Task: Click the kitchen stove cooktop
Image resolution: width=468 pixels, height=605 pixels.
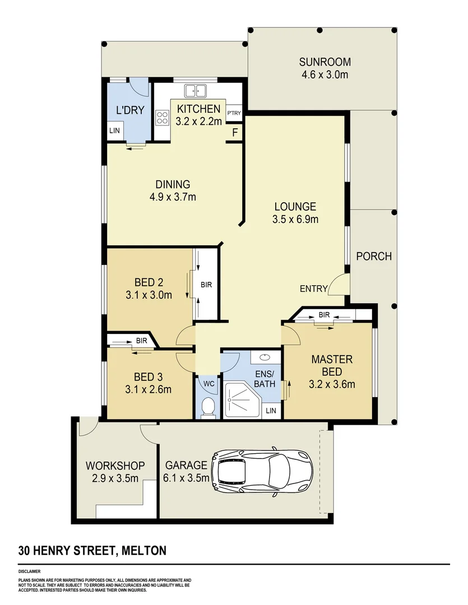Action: click(x=163, y=118)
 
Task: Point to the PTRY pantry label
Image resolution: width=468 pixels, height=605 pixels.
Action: click(x=234, y=113)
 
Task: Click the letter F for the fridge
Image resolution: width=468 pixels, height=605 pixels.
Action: click(x=235, y=133)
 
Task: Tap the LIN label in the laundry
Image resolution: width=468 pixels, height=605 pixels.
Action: click(x=115, y=131)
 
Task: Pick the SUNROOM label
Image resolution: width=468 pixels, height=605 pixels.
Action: click(x=325, y=62)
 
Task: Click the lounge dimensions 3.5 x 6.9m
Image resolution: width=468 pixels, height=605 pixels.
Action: click(x=295, y=219)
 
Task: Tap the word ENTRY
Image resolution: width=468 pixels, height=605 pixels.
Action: click(x=313, y=288)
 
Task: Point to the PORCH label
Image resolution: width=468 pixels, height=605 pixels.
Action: click(x=374, y=257)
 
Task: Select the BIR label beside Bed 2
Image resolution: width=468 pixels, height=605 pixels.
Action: click(x=206, y=285)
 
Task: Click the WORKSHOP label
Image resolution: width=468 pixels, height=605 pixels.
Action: click(x=115, y=466)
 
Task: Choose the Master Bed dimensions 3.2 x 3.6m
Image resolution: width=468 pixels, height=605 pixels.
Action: click(x=332, y=384)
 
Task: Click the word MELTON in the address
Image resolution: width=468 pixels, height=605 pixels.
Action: click(x=144, y=550)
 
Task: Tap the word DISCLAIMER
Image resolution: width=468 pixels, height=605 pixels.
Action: click(x=29, y=571)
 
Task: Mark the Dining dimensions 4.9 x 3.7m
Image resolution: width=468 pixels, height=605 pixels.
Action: click(x=173, y=197)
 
